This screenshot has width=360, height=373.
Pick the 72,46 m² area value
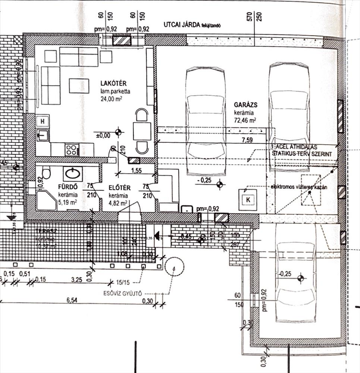(x=245, y=120)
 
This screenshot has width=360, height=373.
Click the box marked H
(x=43, y=121)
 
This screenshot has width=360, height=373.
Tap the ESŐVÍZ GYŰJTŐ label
(x=122, y=294)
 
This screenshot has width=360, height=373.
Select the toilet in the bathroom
(x=47, y=173)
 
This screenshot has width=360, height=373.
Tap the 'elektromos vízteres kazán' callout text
(x=300, y=187)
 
